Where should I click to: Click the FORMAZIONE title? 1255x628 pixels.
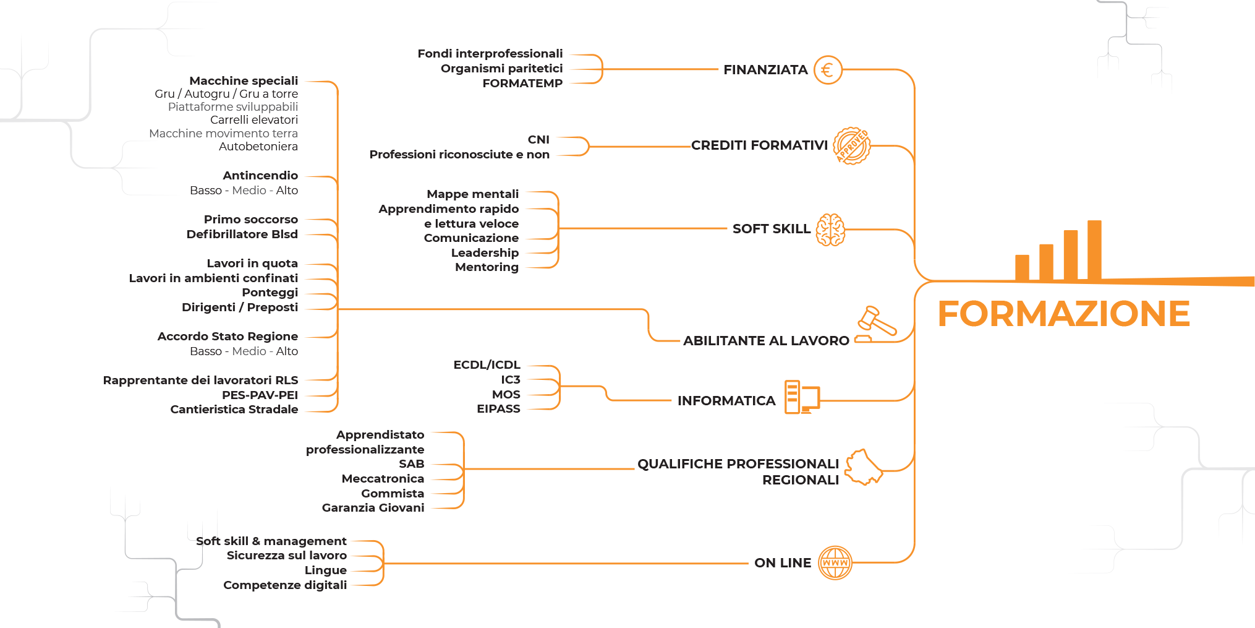tap(1063, 314)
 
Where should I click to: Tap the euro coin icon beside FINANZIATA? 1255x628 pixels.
tap(828, 70)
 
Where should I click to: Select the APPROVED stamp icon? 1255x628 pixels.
tap(852, 146)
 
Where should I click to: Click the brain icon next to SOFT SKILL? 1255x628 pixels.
tap(830, 230)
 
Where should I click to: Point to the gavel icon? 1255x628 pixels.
tap(875, 324)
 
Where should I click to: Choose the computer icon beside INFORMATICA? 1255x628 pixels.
tap(802, 397)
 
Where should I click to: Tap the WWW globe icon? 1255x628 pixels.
tap(835, 563)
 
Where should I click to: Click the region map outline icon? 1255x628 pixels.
tap(864, 467)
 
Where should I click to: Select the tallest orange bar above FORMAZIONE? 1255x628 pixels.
tap(1094, 251)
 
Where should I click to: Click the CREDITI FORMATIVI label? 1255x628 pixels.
tap(759, 145)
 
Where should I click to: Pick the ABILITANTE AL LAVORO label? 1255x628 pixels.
tap(766, 341)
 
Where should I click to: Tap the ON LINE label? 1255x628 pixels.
tap(783, 563)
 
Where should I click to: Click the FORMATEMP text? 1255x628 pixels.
tap(522, 84)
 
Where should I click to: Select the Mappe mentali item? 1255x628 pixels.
tap(472, 194)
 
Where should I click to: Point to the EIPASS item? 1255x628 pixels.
tap(498, 409)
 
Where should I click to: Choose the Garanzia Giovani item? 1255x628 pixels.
tap(373, 508)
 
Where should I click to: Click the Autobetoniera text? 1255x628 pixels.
tap(258, 147)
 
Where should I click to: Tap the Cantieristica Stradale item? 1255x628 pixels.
tap(234, 410)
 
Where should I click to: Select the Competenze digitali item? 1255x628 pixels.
tap(285, 585)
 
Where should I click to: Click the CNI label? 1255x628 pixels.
tap(538, 140)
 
